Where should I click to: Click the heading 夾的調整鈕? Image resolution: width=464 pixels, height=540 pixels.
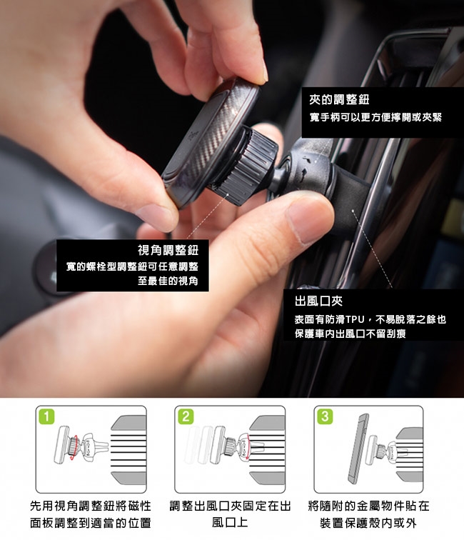(x=339, y=100)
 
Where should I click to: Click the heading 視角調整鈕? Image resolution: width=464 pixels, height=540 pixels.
(x=168, y=250)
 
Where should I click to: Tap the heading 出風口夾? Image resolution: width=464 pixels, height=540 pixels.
(x=318, y=301)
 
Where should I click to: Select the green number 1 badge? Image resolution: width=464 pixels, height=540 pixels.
(x=47, y=416)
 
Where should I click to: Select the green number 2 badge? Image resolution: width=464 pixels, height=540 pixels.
(x=186, y=416)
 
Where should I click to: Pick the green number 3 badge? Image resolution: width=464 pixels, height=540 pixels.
(x=325, y=416)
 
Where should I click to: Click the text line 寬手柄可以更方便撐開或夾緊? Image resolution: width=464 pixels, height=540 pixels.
(x=375, y=117)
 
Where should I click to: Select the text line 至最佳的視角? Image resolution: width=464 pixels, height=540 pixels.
(x=168, y=281)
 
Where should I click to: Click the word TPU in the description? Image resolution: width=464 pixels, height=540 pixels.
(x=355, y=319)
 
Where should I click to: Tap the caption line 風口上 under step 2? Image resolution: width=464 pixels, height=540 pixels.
(x=230, y=522)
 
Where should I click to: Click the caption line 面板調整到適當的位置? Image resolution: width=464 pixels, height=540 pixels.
(x=91, y=522)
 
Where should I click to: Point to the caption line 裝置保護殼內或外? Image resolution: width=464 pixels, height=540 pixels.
(x=368, y=523)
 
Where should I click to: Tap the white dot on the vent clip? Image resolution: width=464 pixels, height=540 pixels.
(x=352, y=210)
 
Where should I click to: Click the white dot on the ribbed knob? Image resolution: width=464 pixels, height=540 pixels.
(x=228, y=194)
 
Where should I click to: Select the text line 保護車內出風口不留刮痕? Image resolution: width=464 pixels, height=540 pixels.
(x=350, y=334)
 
